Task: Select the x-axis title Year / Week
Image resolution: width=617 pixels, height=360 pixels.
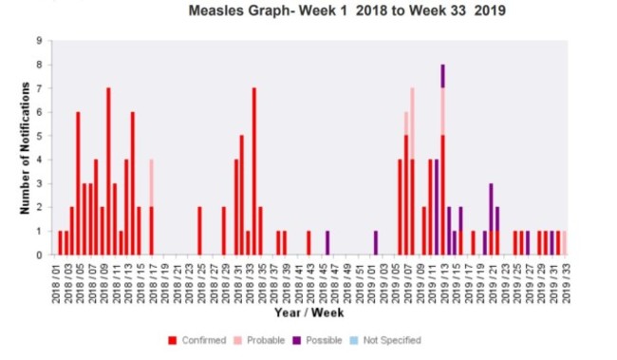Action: (x=308, y=313)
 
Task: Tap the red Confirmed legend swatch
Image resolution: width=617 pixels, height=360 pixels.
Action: (x=171, y=339)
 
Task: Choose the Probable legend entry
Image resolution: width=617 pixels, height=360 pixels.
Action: (x=257, y=339)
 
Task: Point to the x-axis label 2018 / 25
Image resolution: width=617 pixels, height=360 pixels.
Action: (x=199, y=279)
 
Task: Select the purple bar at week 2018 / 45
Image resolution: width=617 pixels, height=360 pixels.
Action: (x=327, y=243)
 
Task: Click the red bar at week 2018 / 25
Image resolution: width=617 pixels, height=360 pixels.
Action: (x=199, y=231)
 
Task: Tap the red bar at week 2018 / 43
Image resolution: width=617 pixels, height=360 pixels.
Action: (x=308, y=243)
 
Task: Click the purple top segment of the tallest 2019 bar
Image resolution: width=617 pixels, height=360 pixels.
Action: (x=442, y=76)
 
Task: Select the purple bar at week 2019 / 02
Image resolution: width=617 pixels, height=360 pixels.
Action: (x=375, y=243)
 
